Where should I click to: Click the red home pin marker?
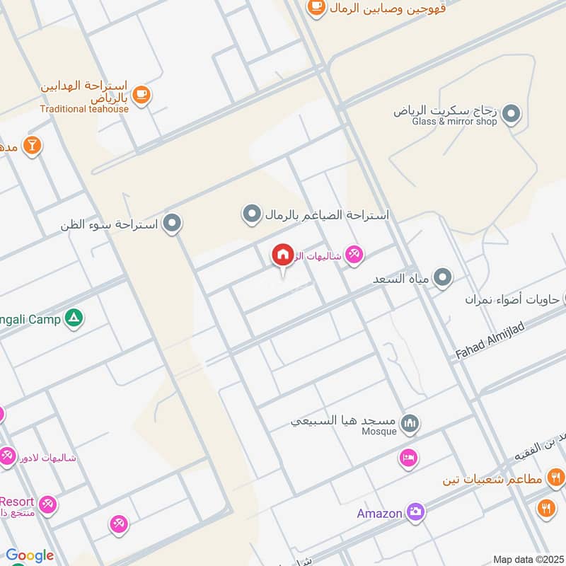[x=282, y=255]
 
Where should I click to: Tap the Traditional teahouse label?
[x=84, y=109]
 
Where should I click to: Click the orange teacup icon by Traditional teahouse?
[x=141, y=94]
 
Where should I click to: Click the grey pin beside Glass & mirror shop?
[x=512, y=112]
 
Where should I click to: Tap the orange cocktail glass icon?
[x=32, y=146]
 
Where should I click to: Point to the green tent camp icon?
[x=74, y=318]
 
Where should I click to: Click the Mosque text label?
[x=379, y=432]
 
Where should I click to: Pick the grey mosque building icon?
[x=409, y=424]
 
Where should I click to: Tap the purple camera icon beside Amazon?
[x=415, y=512]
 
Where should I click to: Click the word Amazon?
[x=379, y=513]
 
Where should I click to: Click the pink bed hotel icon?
[x=408, y=458]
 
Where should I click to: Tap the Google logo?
[x=29, y=555]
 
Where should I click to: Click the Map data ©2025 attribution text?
[x=528, y=560]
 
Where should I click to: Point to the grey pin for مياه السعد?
[x=443, y=278]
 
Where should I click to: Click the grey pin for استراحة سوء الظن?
[x=171, y=224]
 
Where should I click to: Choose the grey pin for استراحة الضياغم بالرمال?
[x=252, y=214]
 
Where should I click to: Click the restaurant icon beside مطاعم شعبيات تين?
[x=555, y=478]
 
